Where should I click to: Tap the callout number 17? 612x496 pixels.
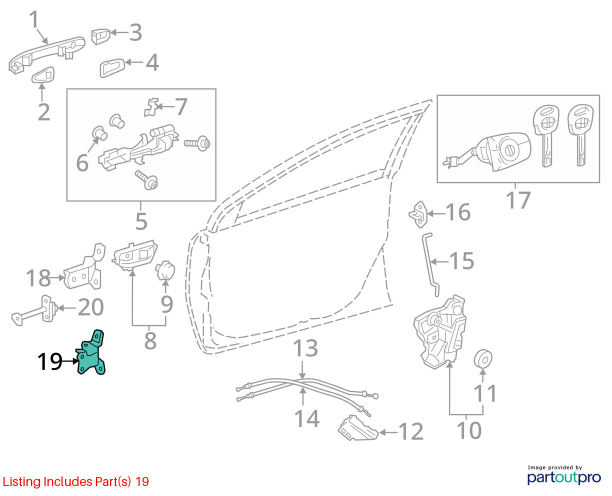[x=518, y=200]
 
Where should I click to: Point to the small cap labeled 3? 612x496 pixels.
[x=101, y=36]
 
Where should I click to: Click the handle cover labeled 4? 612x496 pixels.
[x=112, y=68]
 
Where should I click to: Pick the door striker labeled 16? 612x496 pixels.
[x=418, y=214]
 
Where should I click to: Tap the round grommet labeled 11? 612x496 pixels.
[x=483, y=359]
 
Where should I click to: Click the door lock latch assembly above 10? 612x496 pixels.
[x=439, y=332]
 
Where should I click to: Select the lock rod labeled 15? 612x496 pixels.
[x=429, y=264]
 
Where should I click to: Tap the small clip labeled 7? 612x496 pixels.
[x=151, y=107]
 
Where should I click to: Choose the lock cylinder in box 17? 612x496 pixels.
[x=488, y=151]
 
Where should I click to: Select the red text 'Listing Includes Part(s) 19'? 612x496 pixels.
[x=76, y=481]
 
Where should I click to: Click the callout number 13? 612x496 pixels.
[x=305, y=348]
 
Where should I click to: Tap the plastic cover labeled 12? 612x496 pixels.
[x=358, y=428]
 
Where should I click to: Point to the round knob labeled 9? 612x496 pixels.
[x=165, y=270]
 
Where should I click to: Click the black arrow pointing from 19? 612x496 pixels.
[x=69, y=361]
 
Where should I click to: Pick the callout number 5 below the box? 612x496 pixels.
[x=141, y=221]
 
